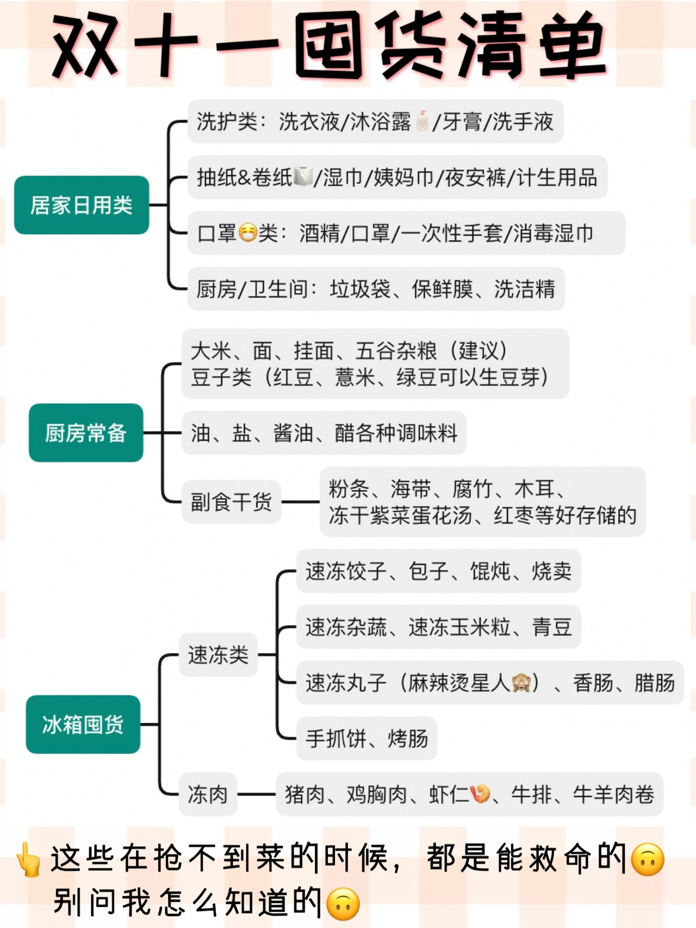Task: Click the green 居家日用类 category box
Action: point(82,205)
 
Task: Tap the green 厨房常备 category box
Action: point(86,433)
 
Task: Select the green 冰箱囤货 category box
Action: point(83,724)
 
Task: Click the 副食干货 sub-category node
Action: point(231,502)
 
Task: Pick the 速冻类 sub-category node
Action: point(218,654)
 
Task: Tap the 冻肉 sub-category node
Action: point(208,794)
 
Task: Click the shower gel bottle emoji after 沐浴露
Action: point(422,121)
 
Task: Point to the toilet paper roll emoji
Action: point(303,177)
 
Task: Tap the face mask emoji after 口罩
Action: point(247,233)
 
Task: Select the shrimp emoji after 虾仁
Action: point(480,794)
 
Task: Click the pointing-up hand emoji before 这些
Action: point(28,859)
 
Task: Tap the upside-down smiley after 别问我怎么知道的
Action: point(343,904)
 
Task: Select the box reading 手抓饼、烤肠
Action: point(366,738)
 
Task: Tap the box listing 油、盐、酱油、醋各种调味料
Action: point(324,433)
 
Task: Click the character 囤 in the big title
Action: point(330,46)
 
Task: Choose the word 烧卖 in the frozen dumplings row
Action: point(551,571)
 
